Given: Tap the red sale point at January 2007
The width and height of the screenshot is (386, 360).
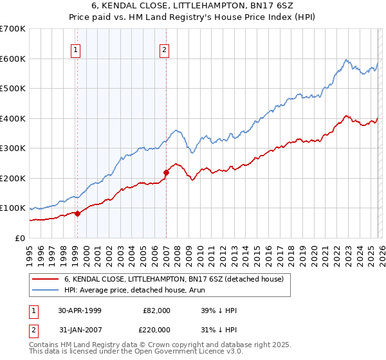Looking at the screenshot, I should tap(166, 172).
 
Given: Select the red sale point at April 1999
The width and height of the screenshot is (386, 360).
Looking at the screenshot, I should tap(78, 213).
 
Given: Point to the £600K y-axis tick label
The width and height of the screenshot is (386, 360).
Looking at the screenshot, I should tap(13, 59).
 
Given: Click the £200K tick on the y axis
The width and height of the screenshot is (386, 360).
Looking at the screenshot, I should tap(13, 178).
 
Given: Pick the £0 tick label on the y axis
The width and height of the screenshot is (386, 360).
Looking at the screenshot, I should tap(19, 238).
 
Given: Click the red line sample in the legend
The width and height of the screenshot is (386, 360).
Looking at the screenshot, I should tap(46, 280).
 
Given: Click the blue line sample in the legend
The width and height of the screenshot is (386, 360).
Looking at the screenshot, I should tap(46, 290).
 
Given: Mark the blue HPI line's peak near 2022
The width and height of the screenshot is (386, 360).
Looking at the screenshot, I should tap(345, 60).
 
